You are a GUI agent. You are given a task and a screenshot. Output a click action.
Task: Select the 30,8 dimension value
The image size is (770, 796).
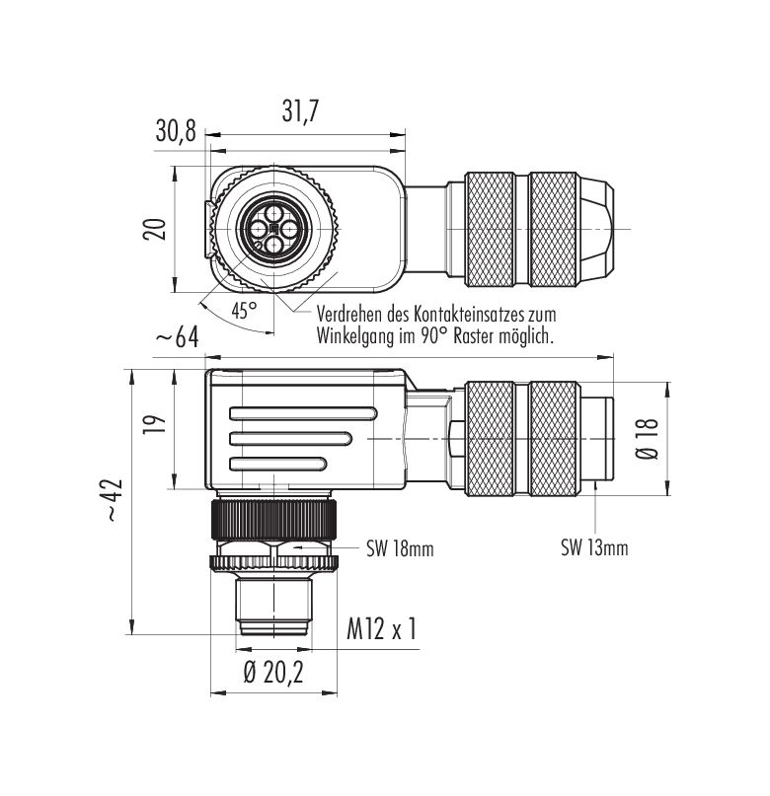[x=176, y=132]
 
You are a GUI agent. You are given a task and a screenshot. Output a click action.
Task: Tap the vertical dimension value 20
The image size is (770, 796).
[x=154, y=229]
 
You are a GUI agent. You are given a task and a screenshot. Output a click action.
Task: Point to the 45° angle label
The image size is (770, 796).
[x=244, y=310]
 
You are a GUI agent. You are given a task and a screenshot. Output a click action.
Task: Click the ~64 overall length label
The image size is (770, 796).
[x=177, y=337]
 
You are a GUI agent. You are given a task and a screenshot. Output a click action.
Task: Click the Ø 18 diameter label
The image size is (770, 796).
[x=647, y=439]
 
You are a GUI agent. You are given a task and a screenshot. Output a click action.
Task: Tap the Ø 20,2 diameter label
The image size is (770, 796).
[x=273, y=673]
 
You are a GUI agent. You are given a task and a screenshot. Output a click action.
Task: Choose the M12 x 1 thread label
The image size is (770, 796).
[x=381, y=629]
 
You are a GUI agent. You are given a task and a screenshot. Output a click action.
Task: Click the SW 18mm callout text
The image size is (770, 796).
[x=400, y=548]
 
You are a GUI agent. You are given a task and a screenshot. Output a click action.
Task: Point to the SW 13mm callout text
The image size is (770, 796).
[x=594, y=548]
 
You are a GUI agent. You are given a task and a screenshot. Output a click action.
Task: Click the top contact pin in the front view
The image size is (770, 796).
[x=274, y=212]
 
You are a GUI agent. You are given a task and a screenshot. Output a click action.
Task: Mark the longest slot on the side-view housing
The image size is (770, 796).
[x=303, y=413]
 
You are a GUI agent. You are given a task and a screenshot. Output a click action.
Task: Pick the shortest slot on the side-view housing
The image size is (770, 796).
[x=278, y=463]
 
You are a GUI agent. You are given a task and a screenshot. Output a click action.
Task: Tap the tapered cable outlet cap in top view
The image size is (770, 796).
[x=596, y=229]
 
